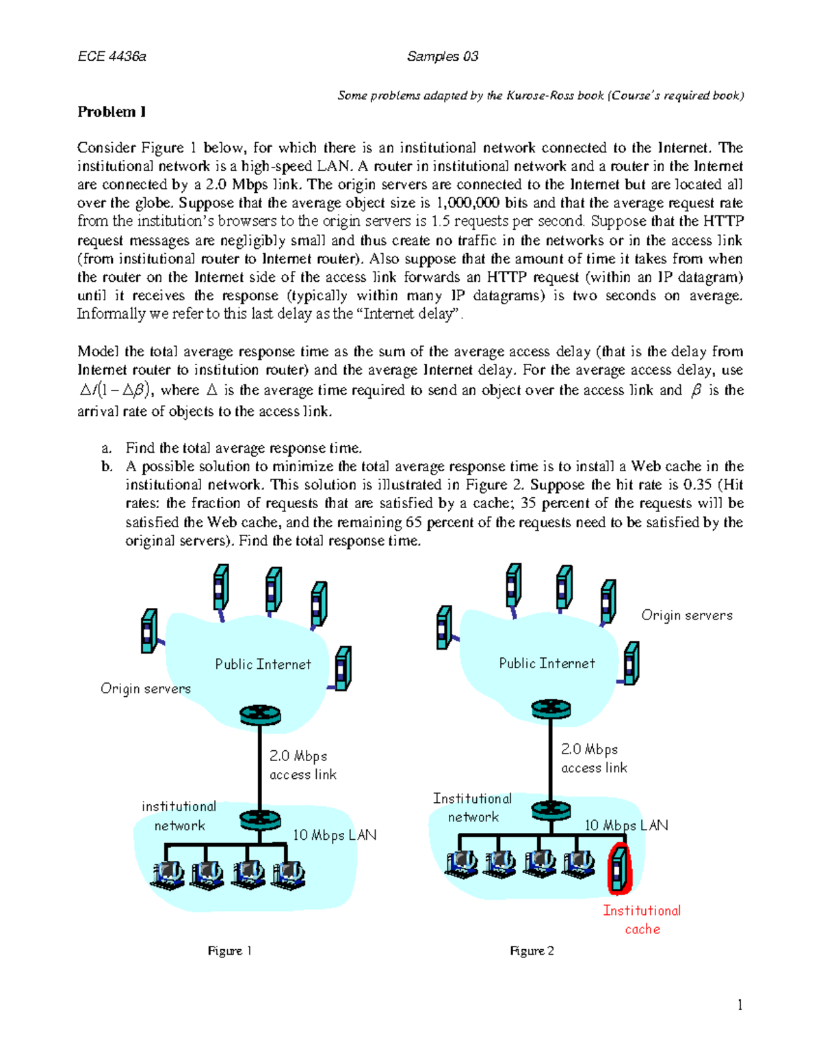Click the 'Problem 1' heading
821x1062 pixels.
click(x=112, y=112)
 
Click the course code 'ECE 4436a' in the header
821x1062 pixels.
click(x=112, y=57)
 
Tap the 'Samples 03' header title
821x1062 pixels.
click(x=442, y=57)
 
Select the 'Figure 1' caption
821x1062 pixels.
click(x=229, y=951)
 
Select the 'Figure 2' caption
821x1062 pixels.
click(x=532, y=951)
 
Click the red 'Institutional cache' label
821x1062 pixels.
click(x=642, y=920)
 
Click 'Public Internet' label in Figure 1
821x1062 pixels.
click(x=263, y=664)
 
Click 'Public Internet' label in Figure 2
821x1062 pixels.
click(x=547, y=663)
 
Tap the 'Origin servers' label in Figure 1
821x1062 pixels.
click(x=146, y=689)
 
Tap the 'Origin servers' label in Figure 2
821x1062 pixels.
click(x=686, y=615)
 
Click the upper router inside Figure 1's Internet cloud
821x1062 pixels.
click(x=260, y=715)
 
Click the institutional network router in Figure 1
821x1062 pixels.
click(x=260, y=819)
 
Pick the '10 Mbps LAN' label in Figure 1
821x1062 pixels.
click(x=335, y=835)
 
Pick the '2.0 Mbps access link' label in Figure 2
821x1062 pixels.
click(x=592, y=758)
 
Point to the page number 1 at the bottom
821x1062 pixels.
click(x=740, y=1005)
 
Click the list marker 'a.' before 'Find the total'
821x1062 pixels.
click(x=106, y=449)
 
